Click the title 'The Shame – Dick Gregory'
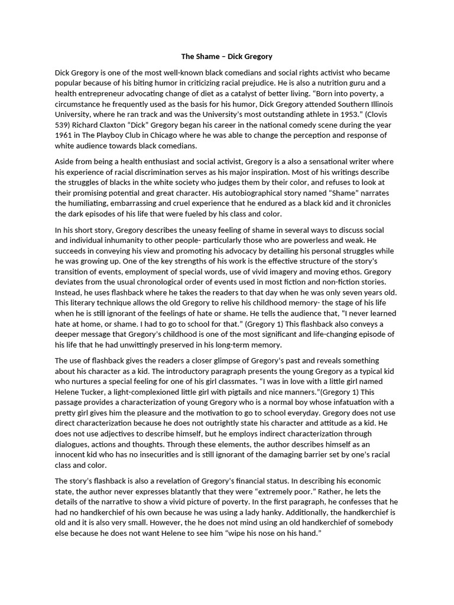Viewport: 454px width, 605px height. tap(227, 57)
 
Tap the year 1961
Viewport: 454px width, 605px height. tap(64, 136)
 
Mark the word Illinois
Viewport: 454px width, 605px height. tap(372, 104)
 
